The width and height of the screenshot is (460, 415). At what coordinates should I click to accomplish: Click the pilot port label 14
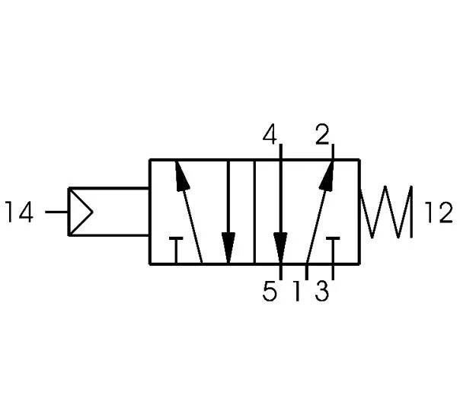tap(20, 212)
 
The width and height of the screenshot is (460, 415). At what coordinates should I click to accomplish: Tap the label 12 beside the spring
tap(438, 212)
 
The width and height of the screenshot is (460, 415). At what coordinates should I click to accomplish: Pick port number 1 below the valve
tap(296, 292)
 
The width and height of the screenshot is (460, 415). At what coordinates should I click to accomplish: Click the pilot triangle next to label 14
tap(80, 211)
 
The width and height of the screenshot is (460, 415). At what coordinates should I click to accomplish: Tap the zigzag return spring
tap(388, 211)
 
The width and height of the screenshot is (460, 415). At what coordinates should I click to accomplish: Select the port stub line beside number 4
tap(280, 150)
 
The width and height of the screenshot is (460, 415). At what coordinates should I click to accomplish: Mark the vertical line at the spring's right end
tap(412, 211)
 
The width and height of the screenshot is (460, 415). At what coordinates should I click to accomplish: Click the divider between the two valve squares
tap(254, 211)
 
